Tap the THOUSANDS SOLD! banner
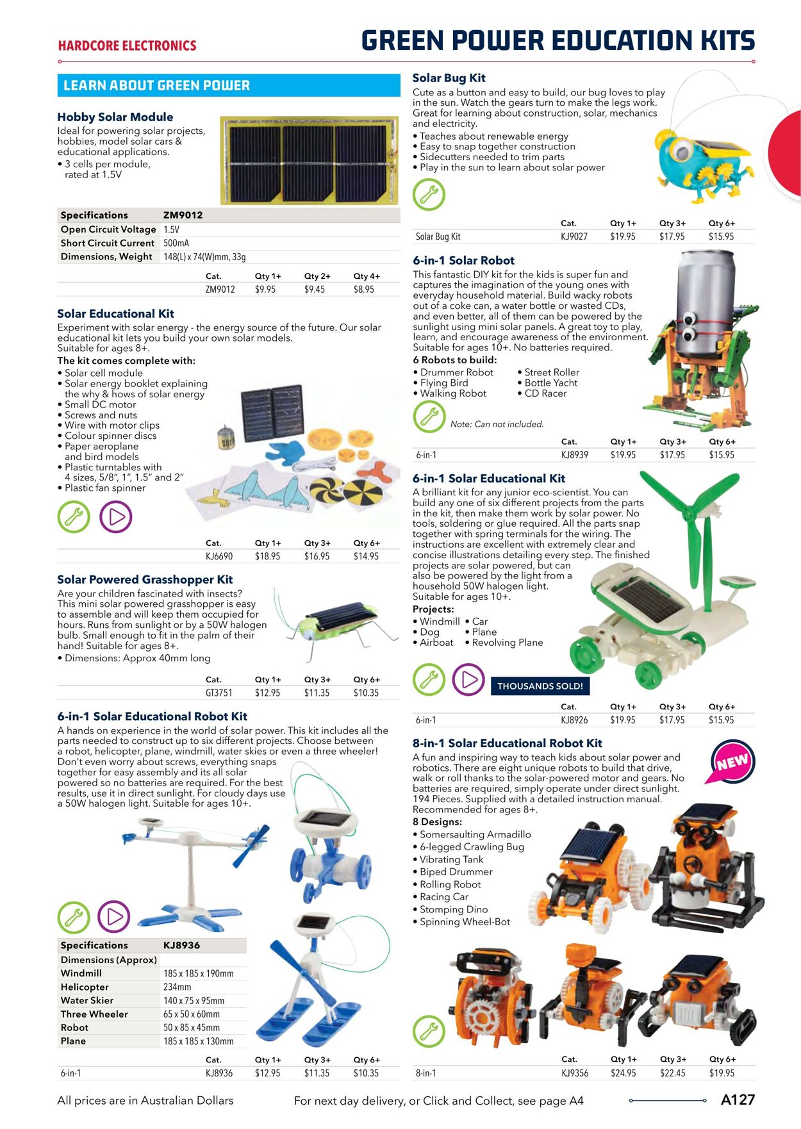(540, 686)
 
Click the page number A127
(738, 1100)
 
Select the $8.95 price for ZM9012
(364, 290)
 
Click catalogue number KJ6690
(219, 557)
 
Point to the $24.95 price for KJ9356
(623, 1073)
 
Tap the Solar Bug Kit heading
(449, 78)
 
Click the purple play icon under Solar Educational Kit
(116, 517)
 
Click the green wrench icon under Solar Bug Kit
(429, 194)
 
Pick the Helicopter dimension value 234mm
(178, 987)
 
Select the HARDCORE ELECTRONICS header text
(127, 46)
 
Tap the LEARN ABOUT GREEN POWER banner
(229, 85)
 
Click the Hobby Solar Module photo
(309, 160)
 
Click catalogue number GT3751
(219, 693)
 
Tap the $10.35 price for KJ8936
(366, 1073)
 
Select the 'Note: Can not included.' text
(497, 424)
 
